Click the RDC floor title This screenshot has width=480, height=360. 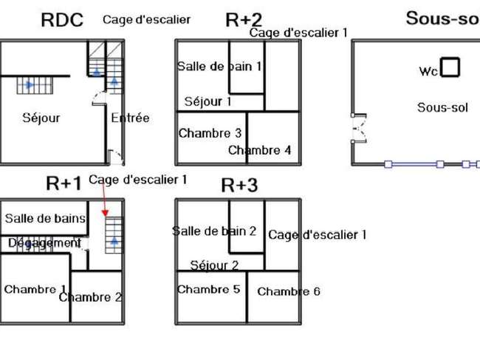pos(62,20)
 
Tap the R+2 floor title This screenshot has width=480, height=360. pos(244,20)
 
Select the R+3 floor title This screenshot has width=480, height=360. pos(239,185)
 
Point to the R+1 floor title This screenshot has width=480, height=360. pos(64,183)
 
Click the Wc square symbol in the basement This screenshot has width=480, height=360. pos(450,67)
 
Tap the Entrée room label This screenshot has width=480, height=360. pos(130,118)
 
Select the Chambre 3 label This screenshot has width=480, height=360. pos(210,133)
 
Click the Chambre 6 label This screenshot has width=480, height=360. pos(289,291)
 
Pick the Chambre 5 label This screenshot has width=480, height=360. pos(208,289)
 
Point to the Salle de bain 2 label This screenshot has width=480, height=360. pos(214,231)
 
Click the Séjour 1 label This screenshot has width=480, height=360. pos(208,101)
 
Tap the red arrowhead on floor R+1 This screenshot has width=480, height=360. pos(106,213)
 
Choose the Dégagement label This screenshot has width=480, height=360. pos(45,243)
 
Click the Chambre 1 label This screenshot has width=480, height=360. pos(35,289)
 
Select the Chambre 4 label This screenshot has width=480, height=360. pos(260,150)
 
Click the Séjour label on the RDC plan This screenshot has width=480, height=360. pos(41,118)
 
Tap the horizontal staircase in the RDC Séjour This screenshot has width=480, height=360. pos(35,86)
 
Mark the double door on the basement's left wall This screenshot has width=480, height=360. pos(359,129)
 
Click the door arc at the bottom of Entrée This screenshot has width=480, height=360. pos(117,157)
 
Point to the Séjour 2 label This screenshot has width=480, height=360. pos(214,265)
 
